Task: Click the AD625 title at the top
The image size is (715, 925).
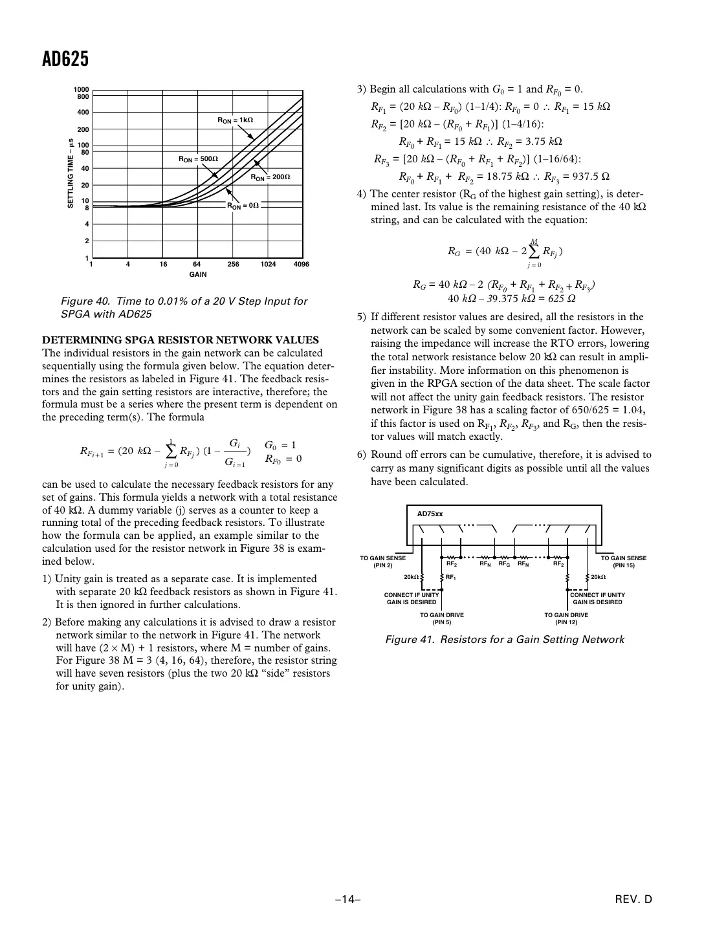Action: coord(65,60)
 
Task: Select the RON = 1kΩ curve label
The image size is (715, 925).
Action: coord(235,120)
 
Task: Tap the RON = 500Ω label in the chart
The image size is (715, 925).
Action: coord(198,158)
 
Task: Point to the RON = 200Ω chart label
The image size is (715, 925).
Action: coord(270,177)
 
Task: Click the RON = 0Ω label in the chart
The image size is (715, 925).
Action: coord(243,206)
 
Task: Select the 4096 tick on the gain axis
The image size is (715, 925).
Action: coord(301,265)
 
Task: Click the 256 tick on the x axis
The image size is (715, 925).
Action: coord(233,265)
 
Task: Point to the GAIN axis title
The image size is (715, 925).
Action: coord(197,275)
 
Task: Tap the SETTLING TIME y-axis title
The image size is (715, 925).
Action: coord(71,173)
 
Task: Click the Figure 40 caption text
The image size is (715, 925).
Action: coord(184,307)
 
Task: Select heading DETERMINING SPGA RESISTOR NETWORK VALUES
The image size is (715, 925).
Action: coord(180,340)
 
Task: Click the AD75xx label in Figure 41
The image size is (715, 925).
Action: coord(430,514)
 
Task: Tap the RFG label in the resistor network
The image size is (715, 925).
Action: coord(504,564)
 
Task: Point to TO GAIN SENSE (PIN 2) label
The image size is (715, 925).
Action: coord(383,561)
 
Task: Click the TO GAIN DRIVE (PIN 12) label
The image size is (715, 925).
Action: coord(566,618)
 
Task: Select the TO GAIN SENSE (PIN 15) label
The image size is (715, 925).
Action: coord(624,561)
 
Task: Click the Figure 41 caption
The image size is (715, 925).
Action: coord(505,640)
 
